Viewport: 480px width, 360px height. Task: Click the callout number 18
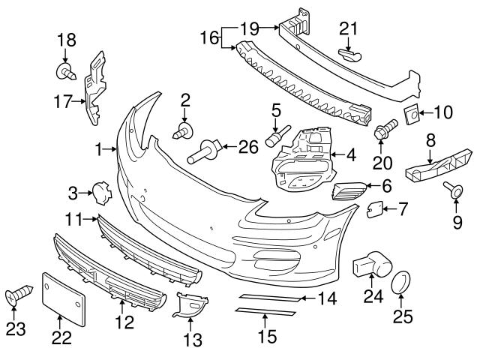pyautogui.click(x=66, y=40)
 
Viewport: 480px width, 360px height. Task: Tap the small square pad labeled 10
pyautogui.click(x=412, y=115)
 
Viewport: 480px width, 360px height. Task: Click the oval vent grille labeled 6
pyautogui.click(x=349, y=191)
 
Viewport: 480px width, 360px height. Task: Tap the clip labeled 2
pyautogui.click(x=181, y=133)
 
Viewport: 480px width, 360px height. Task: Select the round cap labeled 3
pyautogui.click(x=100, y=193)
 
